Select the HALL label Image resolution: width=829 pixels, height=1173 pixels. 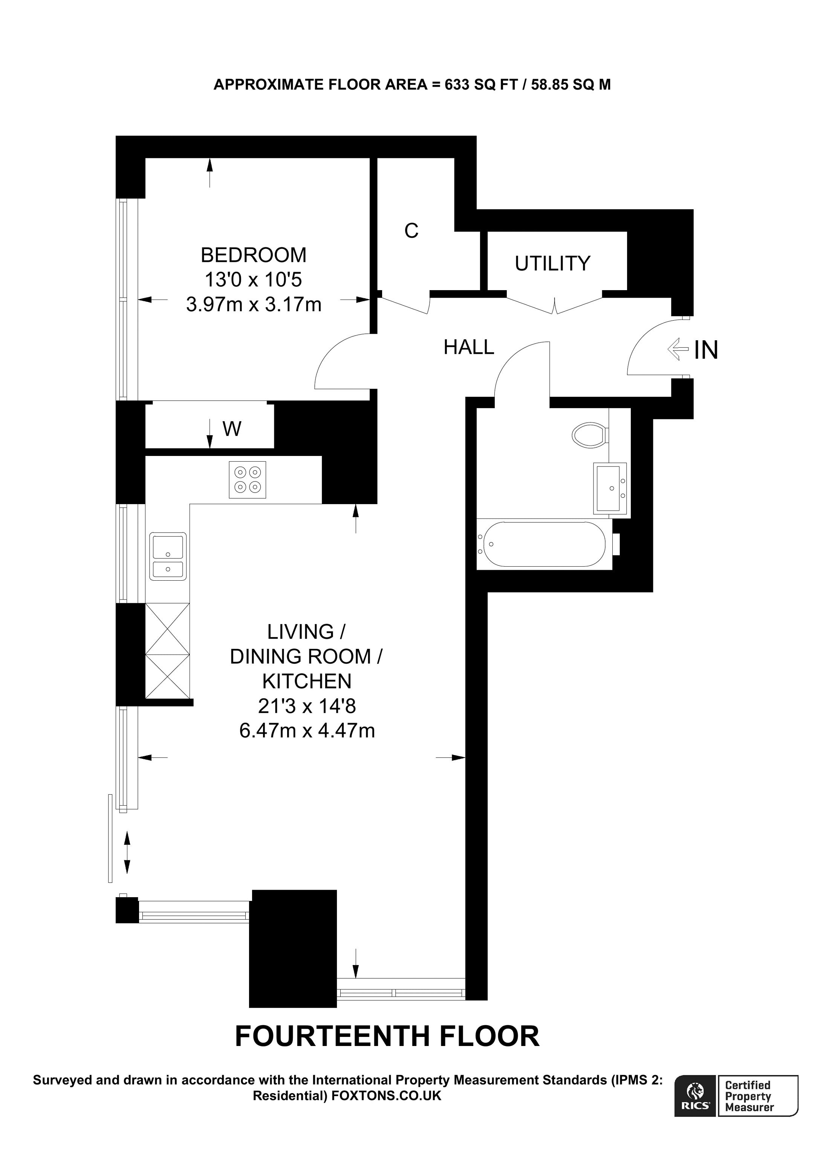[x=468, y=347]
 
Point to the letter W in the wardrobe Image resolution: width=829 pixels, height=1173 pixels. [x=231, y=429]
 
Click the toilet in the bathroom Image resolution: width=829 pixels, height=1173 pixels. [x=590, y=435]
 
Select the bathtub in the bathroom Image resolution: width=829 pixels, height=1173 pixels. [x=544, y=544]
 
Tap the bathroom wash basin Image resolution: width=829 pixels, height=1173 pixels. [x=610, y=488]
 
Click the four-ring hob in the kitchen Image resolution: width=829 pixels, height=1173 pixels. [x=247, y=479]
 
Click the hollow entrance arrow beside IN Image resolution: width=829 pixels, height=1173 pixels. [x=678, y=349]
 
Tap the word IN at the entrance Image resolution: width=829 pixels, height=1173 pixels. [x=706, y=350]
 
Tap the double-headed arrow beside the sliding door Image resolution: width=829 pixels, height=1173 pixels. [x=127, y=852]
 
